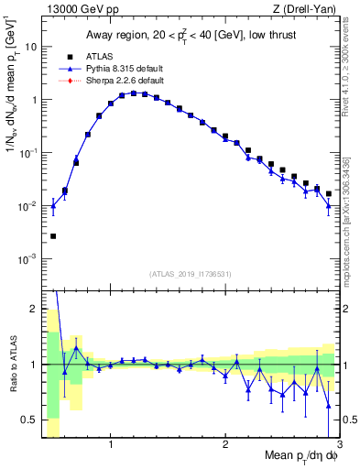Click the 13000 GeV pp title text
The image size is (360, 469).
(x=77, y=10)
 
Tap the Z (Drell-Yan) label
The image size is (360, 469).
(x=302, y=10)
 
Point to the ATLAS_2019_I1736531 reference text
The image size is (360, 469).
(x=190, y=274)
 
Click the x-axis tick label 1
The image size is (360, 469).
(x=111, y=445)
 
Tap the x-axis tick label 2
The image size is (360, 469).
(x=225, y=445)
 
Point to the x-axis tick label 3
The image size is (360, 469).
(x=339, y=445)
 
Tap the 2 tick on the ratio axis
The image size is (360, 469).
(x=35, y=309)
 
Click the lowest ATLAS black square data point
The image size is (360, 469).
(x=53, y=236)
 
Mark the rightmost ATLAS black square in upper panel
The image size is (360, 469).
(x=329, y=194)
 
